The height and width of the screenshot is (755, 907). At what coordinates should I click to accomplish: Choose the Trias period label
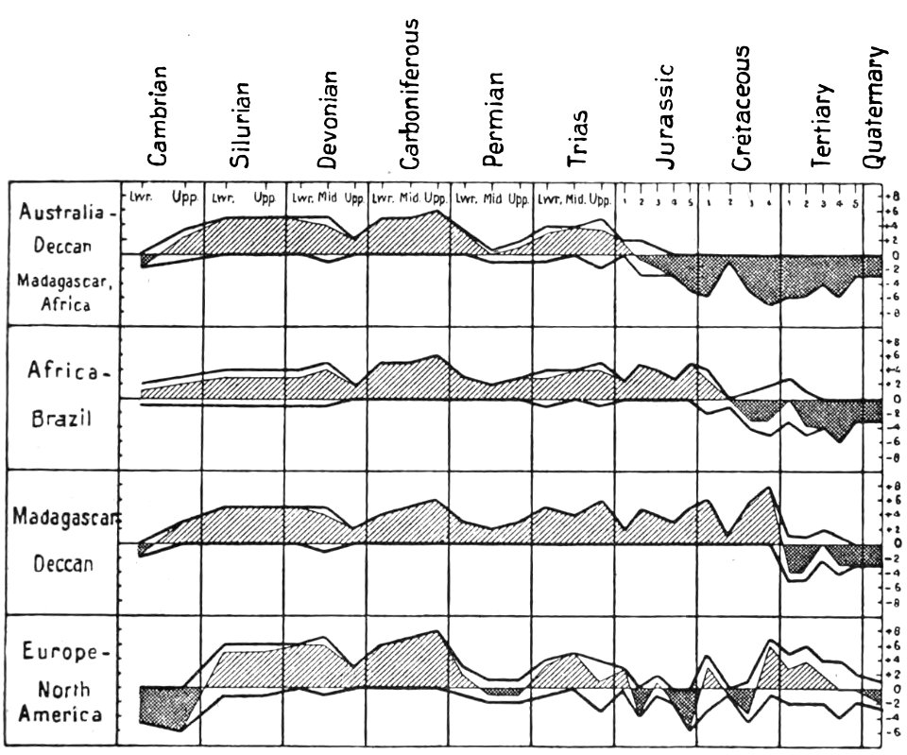pyautogui.click(x=577, y=138)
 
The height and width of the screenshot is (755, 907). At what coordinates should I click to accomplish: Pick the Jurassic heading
pyautogui.click(x=662, y=116)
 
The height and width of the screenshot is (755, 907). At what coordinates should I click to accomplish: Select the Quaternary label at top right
pyautogui.click(x=878, y=106)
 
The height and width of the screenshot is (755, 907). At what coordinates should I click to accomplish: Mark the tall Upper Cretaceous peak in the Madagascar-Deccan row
pyautogui.click(x=768, y=490)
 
